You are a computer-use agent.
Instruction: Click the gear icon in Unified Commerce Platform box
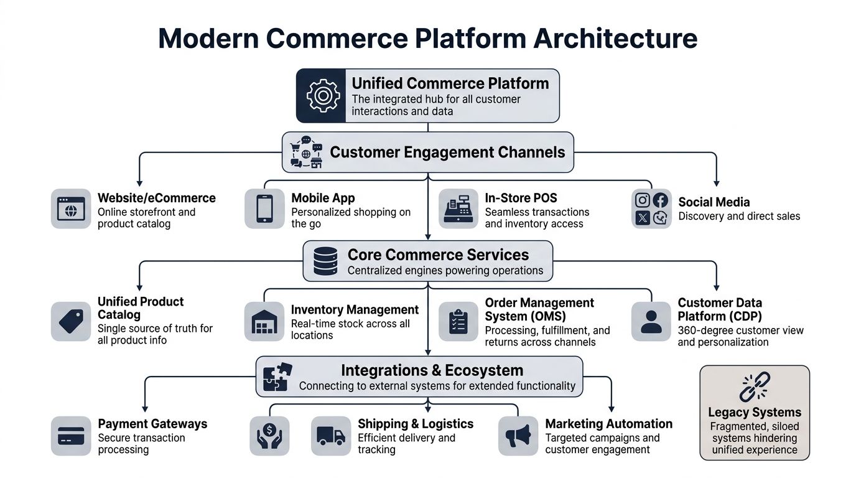coord(322,95)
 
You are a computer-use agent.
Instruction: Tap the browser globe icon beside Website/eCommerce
coord(70,209)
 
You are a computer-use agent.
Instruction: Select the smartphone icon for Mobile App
coord(264,209)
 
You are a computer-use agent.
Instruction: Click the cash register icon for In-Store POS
coord(458,209)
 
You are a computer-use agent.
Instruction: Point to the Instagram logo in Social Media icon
coord(643,200)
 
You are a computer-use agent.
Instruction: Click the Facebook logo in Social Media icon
coord(661,200)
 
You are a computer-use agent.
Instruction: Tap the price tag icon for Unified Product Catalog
coord(70,321)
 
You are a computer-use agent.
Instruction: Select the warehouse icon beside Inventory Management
coord(264,321)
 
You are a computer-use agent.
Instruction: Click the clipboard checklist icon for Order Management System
coord(458,321)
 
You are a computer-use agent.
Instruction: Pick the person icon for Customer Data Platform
coord(651,321)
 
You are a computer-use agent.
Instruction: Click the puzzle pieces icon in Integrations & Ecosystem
coord(277,377)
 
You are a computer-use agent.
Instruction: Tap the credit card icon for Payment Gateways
coord(70,436)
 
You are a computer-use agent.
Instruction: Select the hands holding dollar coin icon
coord(269,436)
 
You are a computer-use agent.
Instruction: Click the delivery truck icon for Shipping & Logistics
coord(330,436)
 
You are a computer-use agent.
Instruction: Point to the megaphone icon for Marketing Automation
coord(518,436)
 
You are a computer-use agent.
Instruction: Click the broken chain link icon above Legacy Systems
coord(755,387)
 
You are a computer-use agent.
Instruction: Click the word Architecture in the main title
coord(615,38)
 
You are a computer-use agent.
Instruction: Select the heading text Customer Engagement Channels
coord(447,152)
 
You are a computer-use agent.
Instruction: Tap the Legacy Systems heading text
coord(755,413)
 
